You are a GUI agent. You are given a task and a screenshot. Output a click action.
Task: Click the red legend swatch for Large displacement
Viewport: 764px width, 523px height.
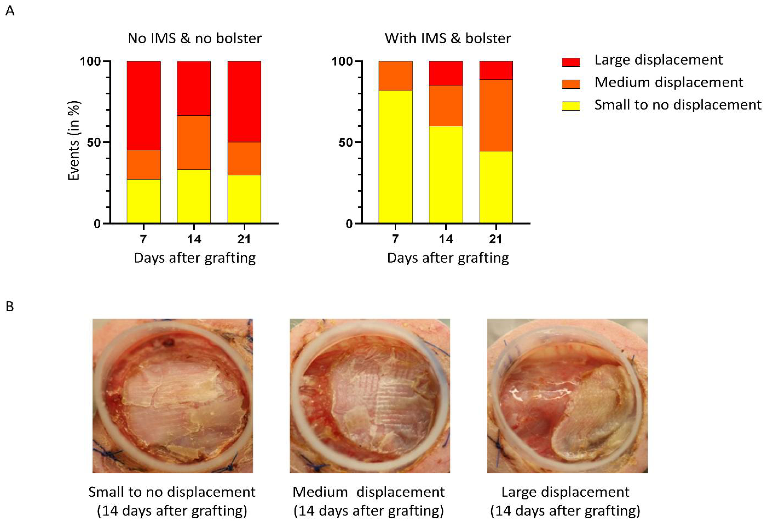pyautogui.click(x=570, y=62)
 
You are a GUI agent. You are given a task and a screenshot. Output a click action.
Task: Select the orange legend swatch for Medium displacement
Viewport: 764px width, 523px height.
pyautogui.click(x=570, y=84)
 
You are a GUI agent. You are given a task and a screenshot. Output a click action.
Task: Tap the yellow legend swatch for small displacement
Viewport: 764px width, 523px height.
pyautogui.click(x=570, y=106)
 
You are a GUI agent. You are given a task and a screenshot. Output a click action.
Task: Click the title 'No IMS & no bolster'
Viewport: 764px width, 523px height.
pyautogui.click(x=194, y=38)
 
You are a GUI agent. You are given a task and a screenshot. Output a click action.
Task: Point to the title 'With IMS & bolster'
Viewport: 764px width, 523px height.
pyautogui.click(x=448, y=38)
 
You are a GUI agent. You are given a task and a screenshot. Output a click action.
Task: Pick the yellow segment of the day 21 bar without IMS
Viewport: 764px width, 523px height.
pyautogui.click(x=244, y=199)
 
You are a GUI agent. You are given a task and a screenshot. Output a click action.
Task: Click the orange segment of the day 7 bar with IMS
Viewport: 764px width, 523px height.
pyautogui.click(x=395, y=76)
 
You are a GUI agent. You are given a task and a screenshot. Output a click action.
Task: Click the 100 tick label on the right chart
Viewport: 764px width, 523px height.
pyautogui.click(x=342, y=61)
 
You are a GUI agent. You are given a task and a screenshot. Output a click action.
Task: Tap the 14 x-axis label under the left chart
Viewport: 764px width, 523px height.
pyautogui.click(x=194, y=239)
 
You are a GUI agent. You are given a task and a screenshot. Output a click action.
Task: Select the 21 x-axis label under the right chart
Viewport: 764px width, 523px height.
pyautogui.click(x=496, y=239)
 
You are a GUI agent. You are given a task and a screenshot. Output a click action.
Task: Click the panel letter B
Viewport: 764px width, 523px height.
pyautogui.click(x=10, y=307)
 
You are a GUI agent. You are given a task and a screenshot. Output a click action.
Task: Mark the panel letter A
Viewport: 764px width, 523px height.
pyautogui.click(x=10, y=11)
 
